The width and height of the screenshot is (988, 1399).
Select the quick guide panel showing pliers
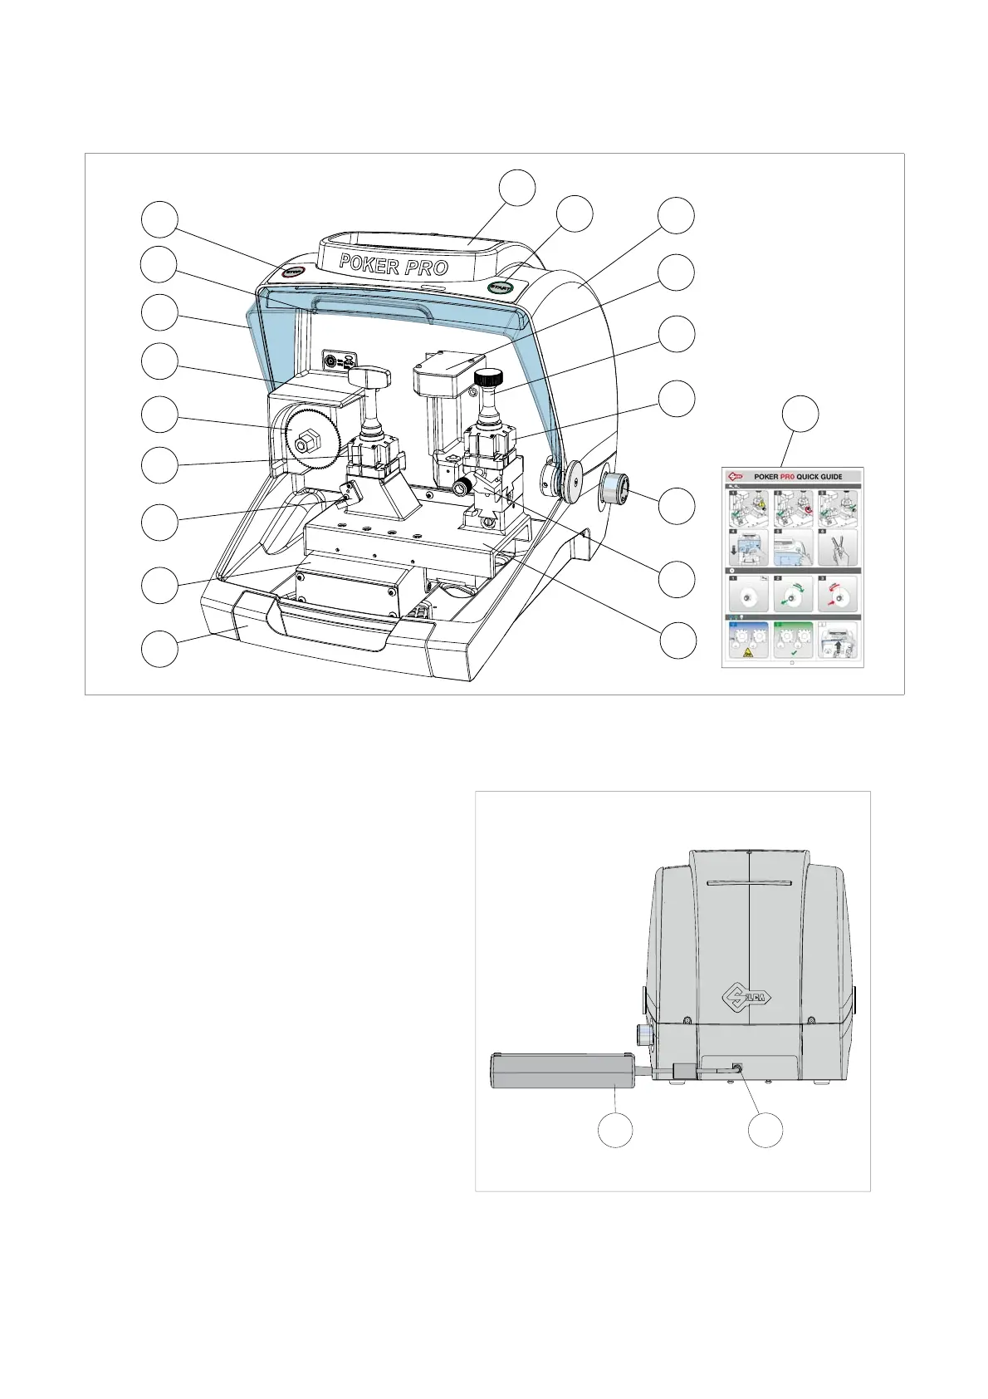pos(837,548)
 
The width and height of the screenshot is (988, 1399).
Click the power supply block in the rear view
pos(563,1070)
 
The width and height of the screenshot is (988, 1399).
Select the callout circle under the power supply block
pos(615,1131)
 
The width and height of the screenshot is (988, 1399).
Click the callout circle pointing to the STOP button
pos(159,219)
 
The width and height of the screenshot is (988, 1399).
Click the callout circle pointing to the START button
pos(575,214)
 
